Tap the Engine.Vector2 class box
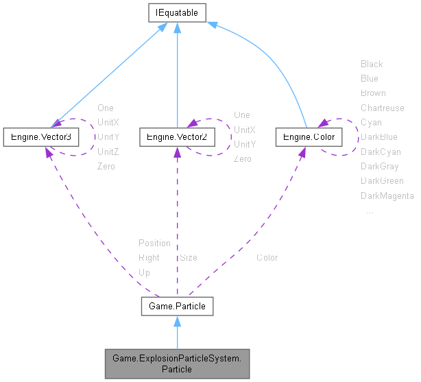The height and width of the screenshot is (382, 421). tap(177, 137)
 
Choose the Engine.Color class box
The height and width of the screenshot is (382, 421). tap(309, 137)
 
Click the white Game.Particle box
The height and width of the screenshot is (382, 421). tap(177, 306)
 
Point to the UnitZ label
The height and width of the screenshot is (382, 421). tap(108, 151)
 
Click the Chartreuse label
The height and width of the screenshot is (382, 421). tap(382, 108)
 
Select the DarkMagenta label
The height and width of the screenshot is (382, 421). tap(387, 196)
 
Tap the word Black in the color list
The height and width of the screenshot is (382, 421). tap(372, 64)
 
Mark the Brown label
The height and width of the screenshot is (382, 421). tap(373, 93)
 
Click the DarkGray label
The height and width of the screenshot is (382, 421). tap(380, 166)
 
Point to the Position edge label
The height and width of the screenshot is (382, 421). tap(154, 243)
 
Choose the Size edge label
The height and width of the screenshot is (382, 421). tap(189, 258)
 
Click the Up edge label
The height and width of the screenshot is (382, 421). tap(144, 272)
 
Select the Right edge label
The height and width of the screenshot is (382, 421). tap(149, 258)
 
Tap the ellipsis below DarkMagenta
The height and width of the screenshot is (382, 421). tap(370, 211)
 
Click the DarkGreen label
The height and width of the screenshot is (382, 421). tap(382, 181)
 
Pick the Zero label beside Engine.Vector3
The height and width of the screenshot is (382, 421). tap(106, 166)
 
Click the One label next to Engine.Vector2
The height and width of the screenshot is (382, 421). tap(242, 115)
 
